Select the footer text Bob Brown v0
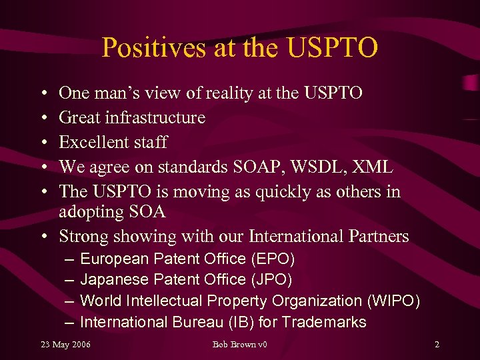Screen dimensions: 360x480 point(239,344)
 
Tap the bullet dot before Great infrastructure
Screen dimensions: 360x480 point(43,118)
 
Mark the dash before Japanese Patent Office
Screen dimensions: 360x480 point(69,279)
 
